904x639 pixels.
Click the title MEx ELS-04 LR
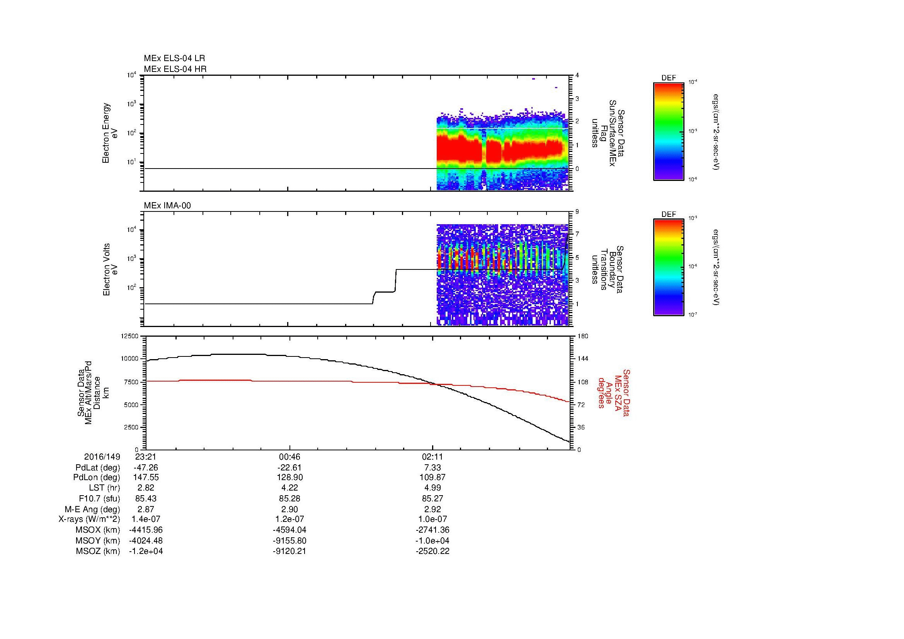tap(174, 58)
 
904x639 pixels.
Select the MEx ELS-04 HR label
tap(175, 69)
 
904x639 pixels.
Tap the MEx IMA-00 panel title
tap(167, 206)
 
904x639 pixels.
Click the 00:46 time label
tap(289, 457)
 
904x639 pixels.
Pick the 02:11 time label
tap(433, 457)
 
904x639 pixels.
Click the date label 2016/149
tap(102, 457)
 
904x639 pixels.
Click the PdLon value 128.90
tap(289, 477)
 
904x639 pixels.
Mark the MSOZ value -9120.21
tap(289, 551)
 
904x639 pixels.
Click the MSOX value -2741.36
tap(433, 530)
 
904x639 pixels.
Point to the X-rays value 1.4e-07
tap(146, 520)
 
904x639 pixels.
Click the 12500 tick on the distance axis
tap(130, 336)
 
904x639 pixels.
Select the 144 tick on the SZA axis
tap(582, 359)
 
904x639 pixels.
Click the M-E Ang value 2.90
tap(289, 509)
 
